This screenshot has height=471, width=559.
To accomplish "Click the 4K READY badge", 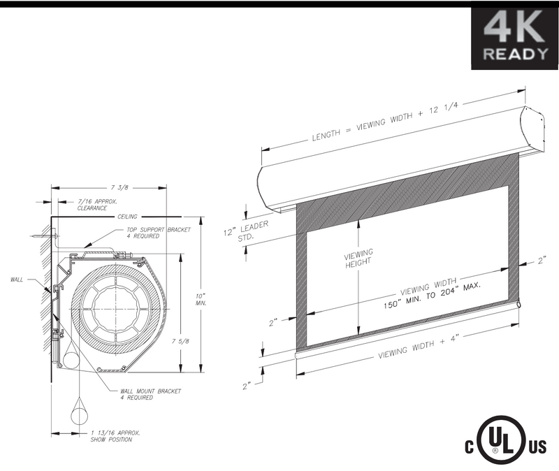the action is pos(515,38).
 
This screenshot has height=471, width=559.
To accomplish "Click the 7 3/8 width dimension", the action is pos(119,187).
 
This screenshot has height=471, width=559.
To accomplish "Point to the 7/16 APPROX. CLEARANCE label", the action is pos(97,205).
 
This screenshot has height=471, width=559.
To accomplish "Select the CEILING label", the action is pos(127,217).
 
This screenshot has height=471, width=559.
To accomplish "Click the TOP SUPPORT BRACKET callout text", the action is pos(159,233).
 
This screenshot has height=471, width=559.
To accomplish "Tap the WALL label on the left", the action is pos(17,280).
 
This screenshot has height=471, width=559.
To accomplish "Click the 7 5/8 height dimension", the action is pos(180,341).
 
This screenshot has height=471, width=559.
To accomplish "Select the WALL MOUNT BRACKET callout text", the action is pos(150,394).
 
